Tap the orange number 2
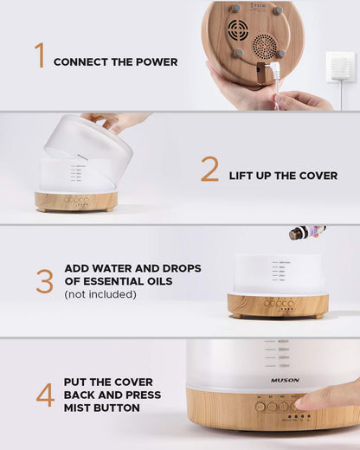click(x=209, y=169)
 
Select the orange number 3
click(x=45, y=281)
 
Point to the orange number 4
click(x=45, y=395)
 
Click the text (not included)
click(x=100, y=294)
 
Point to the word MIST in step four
click(x=77, y=408)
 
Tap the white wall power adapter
click(x=340, y=66)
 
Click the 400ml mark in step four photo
click(x=283, y=342)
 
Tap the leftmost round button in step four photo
click(x=260, y=406)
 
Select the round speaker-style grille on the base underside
click(x=264, y=44)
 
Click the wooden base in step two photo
click(x=76, y=201)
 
